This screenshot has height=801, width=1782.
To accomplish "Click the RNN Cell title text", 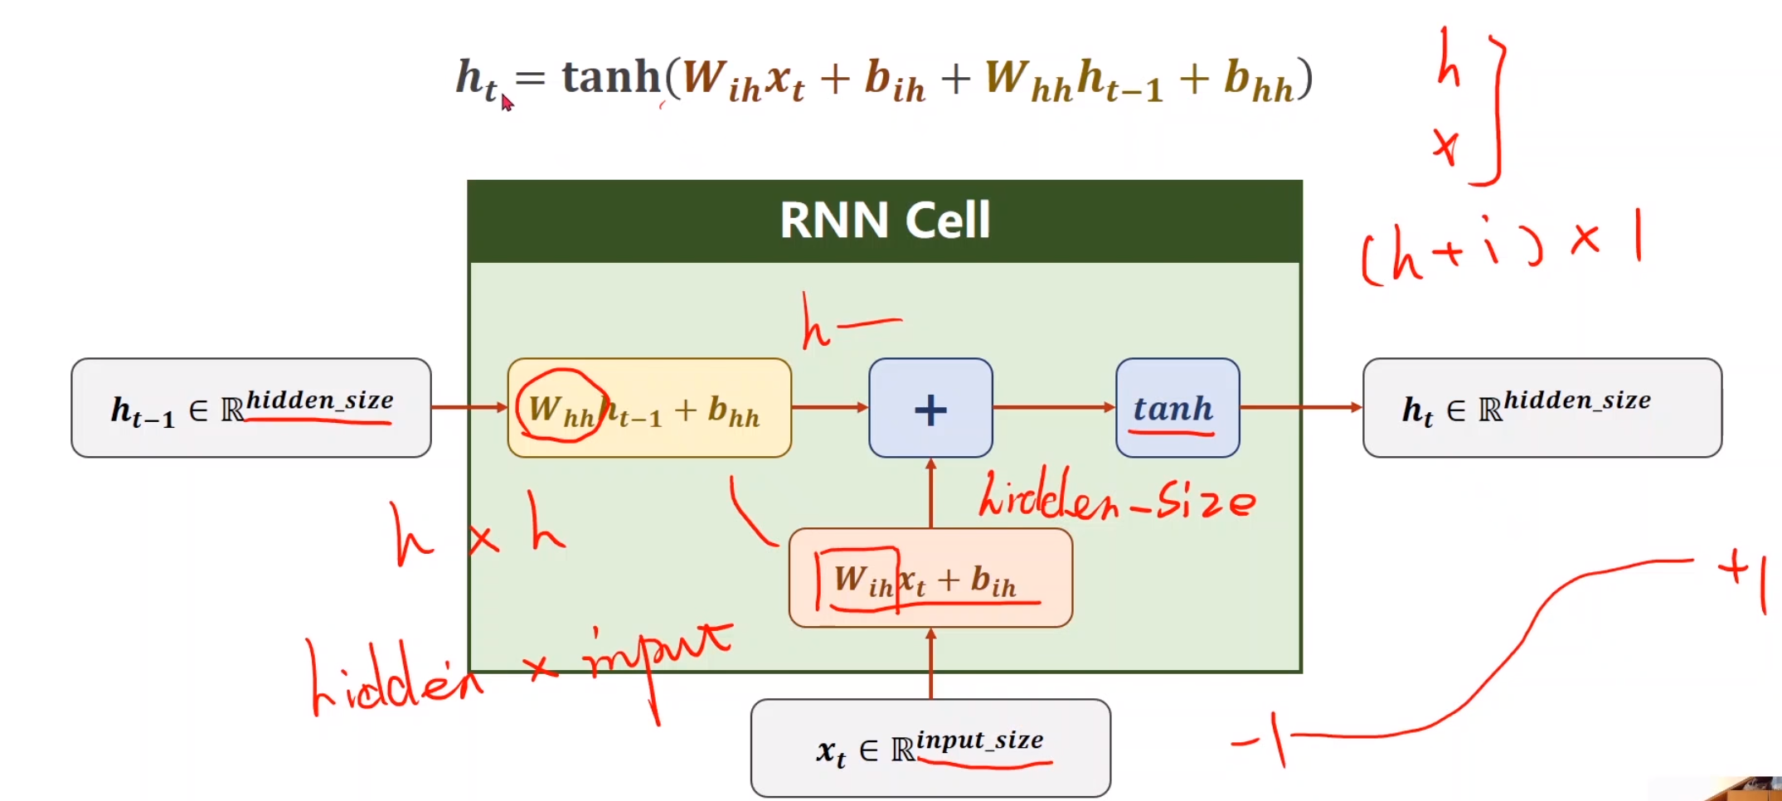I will click(885, 221).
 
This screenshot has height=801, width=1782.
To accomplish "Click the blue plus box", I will click(930, 408).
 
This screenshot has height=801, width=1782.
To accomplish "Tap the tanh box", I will click(1177, 408).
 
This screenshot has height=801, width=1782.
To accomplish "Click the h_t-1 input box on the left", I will click(250, 408).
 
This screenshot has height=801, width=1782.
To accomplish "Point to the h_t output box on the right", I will click(1542, 408).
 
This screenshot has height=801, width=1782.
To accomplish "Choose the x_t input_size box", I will click(930, 748).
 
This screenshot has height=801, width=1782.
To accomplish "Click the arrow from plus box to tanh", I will click(1054, 407).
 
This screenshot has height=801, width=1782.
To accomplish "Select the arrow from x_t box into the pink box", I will click(930, 663).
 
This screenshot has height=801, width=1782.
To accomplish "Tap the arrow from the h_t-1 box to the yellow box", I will click(469, 407).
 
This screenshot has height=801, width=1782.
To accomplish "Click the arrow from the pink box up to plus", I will click(930, 493).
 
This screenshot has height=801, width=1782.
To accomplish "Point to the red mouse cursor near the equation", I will click(507, 102).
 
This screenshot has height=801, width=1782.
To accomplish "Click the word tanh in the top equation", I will click(611, 77).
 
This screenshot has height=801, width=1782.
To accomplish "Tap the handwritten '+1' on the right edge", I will click(1746, 576).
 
